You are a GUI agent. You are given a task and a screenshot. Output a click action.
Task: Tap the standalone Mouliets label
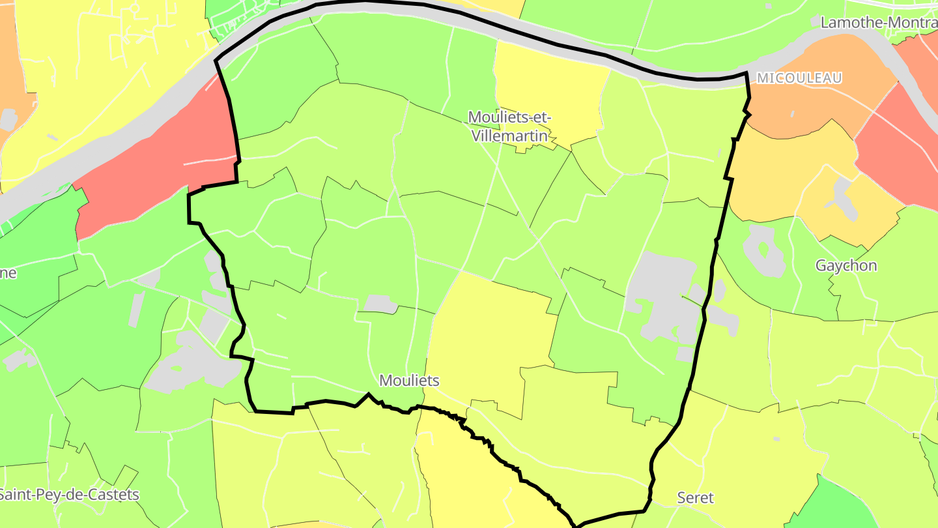coord(409,380)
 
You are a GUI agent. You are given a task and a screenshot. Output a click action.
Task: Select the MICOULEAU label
coord(799,78)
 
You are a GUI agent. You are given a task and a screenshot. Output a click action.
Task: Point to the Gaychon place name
coord(846,266)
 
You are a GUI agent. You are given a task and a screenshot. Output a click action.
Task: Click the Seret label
coord(695,498)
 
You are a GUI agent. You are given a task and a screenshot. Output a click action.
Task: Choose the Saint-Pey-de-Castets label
coord(69,494)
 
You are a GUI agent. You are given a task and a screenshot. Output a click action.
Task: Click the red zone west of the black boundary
coord(156,163)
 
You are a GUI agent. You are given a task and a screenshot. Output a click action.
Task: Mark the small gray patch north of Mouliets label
coord(380,303)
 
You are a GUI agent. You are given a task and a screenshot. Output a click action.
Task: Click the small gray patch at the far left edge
coord(8,119)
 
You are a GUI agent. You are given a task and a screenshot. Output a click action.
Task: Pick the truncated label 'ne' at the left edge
coord(8,272)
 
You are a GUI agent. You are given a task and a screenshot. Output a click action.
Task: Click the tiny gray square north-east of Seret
coord(776,439)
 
